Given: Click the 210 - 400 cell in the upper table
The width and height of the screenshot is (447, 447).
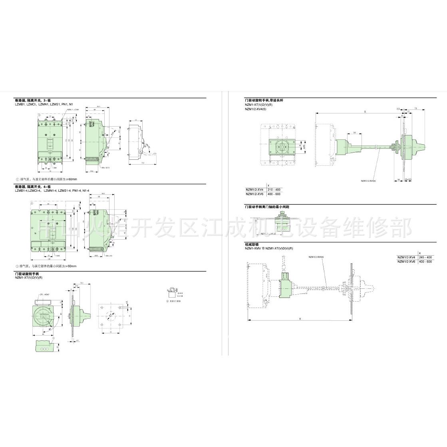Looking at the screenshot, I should pyautogui.click(x=274, y=189).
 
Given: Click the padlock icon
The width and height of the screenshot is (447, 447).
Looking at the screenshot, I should pyautogui.click(x=172, y=293).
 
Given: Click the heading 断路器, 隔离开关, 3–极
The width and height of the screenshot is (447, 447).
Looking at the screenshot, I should pyautogui.click(x=30, y=101).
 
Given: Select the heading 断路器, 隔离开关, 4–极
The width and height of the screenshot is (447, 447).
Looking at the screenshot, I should pyautogui.click(x=30, y=187).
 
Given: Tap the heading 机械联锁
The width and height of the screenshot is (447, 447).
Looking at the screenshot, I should pyautogui.click(x=252, y=244).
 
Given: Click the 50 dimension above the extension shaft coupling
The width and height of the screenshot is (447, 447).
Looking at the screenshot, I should pyautogui.click(x=354, y=132).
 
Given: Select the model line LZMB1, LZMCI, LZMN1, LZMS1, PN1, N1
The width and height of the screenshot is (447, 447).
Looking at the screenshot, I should pyautogui.click(x=44, y=104).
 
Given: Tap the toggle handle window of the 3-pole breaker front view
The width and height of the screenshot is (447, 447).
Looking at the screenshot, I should pyautogui.click(x=50, y=143).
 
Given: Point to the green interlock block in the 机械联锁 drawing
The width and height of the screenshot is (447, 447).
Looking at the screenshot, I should pyautogui.click(x=286, y=288).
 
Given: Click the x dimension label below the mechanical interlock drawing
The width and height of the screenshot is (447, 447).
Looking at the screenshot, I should pyautogui.click(x=300, y=318).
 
